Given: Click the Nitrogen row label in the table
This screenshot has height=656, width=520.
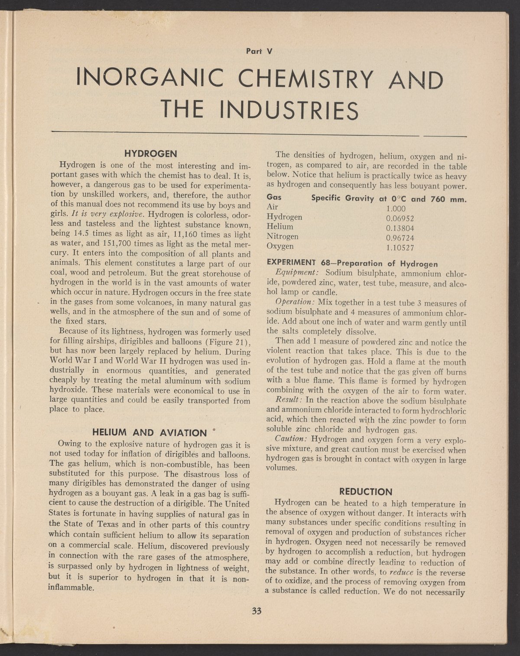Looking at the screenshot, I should point(282,236).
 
